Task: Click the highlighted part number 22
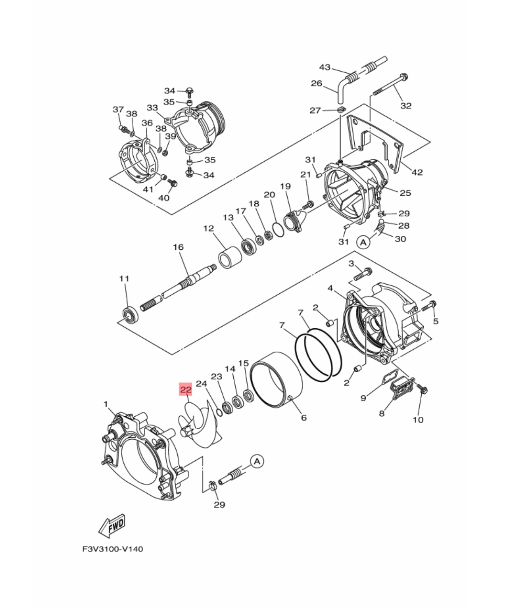(x=186, y=389)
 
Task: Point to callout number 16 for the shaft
(x=178, y=247)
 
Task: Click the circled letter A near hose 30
(x=363, y=242)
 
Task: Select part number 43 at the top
(x=325, y=67)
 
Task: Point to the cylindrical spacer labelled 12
(x=230, y=257)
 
